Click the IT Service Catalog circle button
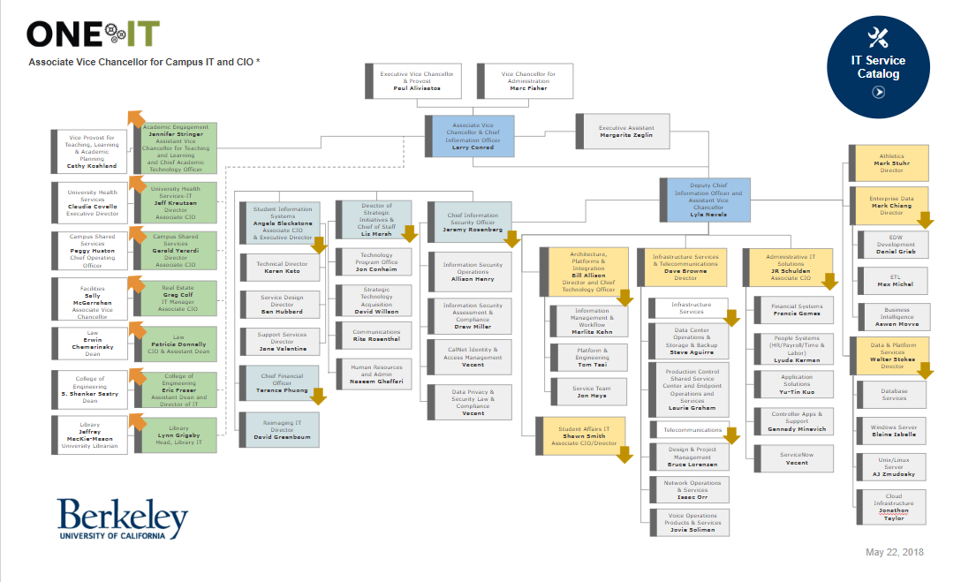coord(877,66)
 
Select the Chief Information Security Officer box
coord(473,219)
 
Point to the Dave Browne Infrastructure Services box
coord(685,268)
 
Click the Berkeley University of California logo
coord(123,518)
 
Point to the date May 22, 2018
coord(894,552)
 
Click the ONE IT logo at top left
coord(93,34)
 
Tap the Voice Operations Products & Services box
coord(692,522)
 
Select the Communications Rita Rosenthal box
coord(375,336)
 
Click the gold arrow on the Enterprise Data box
coord(924,220)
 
